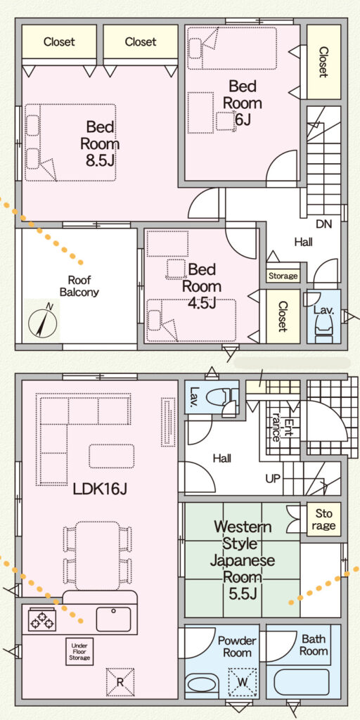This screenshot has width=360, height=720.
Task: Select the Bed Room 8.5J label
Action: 99,143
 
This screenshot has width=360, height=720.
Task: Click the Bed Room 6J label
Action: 242,103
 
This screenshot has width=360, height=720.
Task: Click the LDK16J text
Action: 100,489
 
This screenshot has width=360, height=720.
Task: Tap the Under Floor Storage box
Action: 79,651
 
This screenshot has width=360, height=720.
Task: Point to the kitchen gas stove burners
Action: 42,619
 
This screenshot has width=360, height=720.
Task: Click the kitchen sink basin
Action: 113,619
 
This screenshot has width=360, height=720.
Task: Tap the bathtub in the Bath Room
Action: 301,683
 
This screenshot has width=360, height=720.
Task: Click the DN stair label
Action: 323,224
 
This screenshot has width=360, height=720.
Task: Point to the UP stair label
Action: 272,479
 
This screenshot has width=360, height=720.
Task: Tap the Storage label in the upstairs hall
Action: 283,276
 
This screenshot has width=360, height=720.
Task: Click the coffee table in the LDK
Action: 112,456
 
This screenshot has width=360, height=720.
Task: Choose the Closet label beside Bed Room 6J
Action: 323,62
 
